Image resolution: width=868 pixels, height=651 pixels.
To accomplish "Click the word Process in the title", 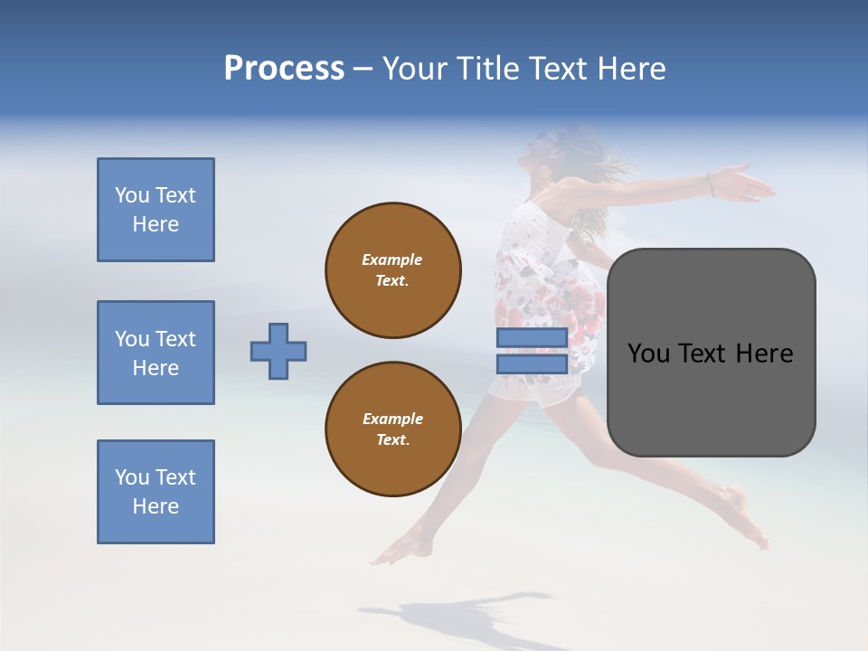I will pyautogui.click(x=284, y=69).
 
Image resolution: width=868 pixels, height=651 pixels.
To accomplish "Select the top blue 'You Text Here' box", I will pyautogui.click(x=156, y=210).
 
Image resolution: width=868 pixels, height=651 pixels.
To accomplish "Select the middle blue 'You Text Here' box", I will pyautogui.click(x=156, y=353).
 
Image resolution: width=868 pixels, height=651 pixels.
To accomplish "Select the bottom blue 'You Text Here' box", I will pyautogui.click(x=156, y=492).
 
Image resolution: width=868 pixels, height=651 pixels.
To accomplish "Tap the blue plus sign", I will pyautogui.click(x=278, y=351).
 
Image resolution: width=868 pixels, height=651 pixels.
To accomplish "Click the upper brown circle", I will pyautogui.click(x=393, y=270).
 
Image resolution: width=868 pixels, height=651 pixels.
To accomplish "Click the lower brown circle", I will pyautogui.click(x=393, y=429).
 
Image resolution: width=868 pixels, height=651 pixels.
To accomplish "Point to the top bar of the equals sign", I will pyautogui.click(x=532, y=338).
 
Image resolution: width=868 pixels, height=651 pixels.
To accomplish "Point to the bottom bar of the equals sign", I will pyautogui.click(x=532, y=363).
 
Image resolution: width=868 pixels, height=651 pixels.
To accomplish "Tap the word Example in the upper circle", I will pyautogui.click(x=392, y=259).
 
